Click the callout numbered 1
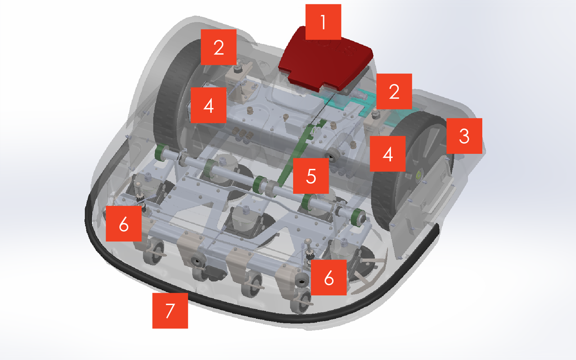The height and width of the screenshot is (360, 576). pyautogui.click(x=323, y=22)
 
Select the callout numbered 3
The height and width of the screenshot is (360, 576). pyautogui.click(x=464, y=136)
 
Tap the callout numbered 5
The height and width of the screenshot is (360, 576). pyautogui.click(x=311, y=176)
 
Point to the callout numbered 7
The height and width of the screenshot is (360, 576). pyautogui.click(x=170, y=311)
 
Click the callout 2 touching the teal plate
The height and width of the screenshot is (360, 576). pyautogui.click(x=394, y=91)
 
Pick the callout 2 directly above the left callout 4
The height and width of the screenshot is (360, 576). pyautogui.click(x=219, y=47)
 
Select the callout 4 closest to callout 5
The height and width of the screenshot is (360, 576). pyautogui.click(x=388, y=154)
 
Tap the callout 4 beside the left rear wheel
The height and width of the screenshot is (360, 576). pyautogui.click(x=208, y=105)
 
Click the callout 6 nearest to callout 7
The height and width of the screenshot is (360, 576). pyautogui.click(x=124, y=224)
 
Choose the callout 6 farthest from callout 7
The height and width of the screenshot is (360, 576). pyautogui.click(x=329, y=278)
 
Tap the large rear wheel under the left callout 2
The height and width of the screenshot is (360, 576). pyautogui.click(x=170, y=103)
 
